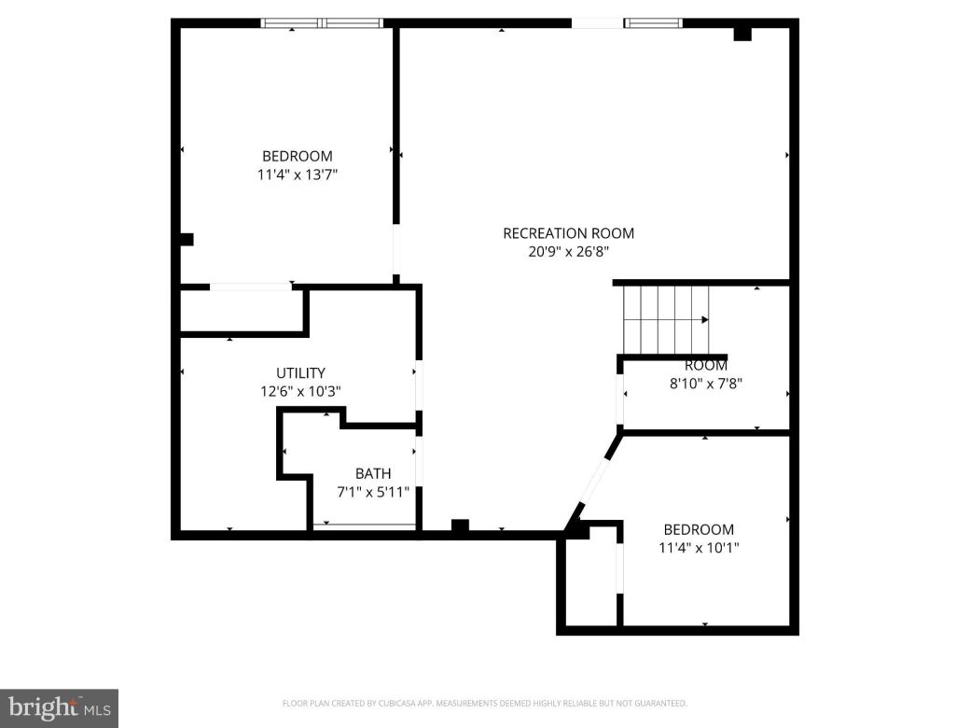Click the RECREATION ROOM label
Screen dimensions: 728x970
(x=568, y=233)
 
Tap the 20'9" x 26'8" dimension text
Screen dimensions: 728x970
(x=568, y=251)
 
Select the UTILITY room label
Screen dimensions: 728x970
(x=300, y=373)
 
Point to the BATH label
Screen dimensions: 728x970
(x=373, y=474)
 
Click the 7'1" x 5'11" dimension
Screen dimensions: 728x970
(x=373, y=492)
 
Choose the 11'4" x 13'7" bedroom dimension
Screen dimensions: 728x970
(x=297, y=175)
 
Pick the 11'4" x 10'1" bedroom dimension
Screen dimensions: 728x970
(x=699, y=547)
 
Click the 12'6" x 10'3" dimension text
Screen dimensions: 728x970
(x=300, y=392)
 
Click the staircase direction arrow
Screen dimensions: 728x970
(x=703, y=320)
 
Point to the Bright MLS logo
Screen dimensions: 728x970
(x=59, y=707)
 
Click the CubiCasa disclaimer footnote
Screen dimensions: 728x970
(x=484, y=703)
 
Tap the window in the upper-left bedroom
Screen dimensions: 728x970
(x=322, y=23)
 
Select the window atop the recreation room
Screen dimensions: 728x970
(x=627, y=23)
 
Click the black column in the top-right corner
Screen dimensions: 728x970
(x=742, y=33)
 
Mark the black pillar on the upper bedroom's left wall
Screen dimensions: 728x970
(x=186, y=239)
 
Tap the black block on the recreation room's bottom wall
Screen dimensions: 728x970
(x=459, y=526)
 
